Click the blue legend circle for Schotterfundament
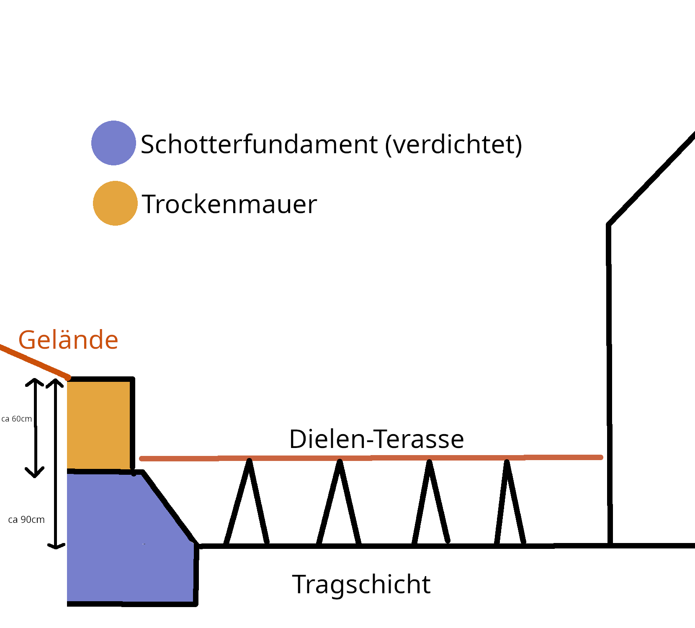[x=113, y=143]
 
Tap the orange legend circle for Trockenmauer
[x=115, y=203]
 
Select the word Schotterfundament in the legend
[x=259, y=144]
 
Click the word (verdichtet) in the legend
[x=453, y=144]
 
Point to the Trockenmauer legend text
[x=229, y=204]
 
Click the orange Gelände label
[x=68, y=340]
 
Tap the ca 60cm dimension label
[x=17, y=419]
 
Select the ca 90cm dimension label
[x=26, y=520]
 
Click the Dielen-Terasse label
[x=376, y=439]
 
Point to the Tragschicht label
[x=361, y=584]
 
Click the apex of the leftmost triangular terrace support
[x=249, y=461]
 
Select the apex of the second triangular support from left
[x=340, y=462]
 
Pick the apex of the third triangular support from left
[x=429, y=462]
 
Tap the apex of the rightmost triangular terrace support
[x=507, y=462]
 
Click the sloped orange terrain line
[x=33, y=361]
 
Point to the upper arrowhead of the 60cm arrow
[x=35, y=381]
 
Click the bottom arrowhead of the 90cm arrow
[x=56, y=546]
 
